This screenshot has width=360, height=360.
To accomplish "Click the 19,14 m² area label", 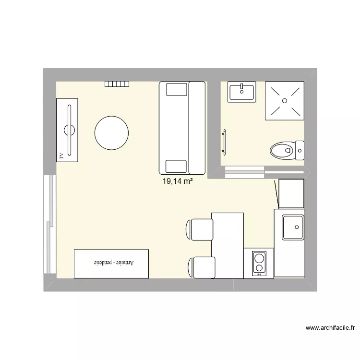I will click(x=178, y=181).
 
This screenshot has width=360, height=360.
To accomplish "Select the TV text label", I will click(x=61, y=156).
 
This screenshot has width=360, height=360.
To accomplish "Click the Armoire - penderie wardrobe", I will click(x=111, y=264).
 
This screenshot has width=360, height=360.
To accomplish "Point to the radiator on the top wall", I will click(x=118, y=84).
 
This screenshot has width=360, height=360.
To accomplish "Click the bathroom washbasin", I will click(x=242, y=91).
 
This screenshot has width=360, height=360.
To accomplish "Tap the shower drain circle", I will click(x=285, y=100).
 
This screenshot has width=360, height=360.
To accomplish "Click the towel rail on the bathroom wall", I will click(x=224, y=142).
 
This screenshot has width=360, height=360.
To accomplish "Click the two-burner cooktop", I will click(x=259, y=263).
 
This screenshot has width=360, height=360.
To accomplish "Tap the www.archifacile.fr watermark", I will click(x=330, y=328).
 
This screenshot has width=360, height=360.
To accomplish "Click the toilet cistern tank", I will click(x=300, y=150).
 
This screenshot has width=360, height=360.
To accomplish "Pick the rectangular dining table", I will click(x=228, y=245).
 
